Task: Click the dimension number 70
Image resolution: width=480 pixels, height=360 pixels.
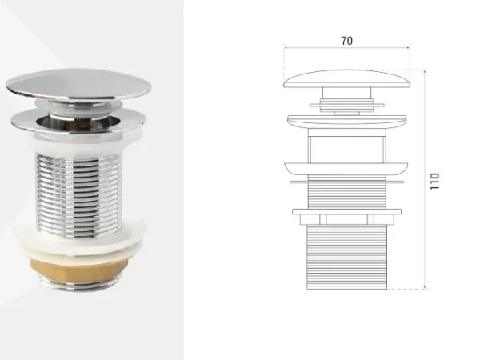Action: click(x=347, y=41)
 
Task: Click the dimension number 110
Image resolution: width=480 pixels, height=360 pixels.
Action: click(x=434, y=182)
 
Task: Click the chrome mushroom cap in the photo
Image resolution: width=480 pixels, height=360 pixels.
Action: click(x=78, y=85)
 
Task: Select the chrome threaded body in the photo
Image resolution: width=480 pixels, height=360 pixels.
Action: click(x=78, y=195)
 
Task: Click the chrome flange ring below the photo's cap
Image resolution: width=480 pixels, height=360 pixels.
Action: click(x=77, y=122)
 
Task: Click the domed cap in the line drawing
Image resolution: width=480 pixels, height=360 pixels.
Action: click(x=347, y=78)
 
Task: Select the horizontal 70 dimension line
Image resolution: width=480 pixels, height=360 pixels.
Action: click(x=347, y=47)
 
